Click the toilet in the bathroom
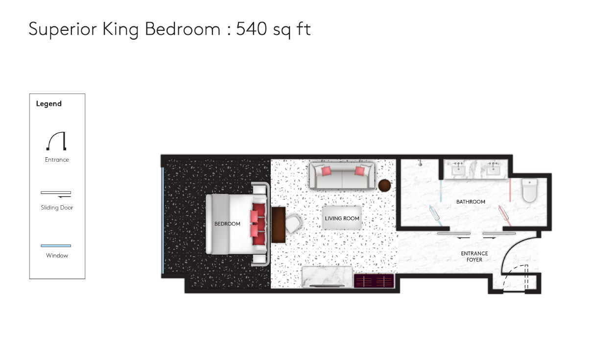coord(529,190)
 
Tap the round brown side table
coord(384,186)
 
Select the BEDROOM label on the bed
coord(227,224)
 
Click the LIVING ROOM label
coord(342,218)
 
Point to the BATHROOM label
coord(471,202)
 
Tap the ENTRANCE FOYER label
coord(474,256)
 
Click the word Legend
coord(49,104)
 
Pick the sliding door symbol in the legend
coord(56,194)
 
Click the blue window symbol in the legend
coord(56,246)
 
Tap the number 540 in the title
coord(251,29)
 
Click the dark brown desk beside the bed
coord(278,225)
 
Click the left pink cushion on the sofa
coord(326,171)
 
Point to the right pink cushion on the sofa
coord(359,171)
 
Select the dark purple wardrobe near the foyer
coord(374,281)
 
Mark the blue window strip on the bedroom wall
coord(163,220)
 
